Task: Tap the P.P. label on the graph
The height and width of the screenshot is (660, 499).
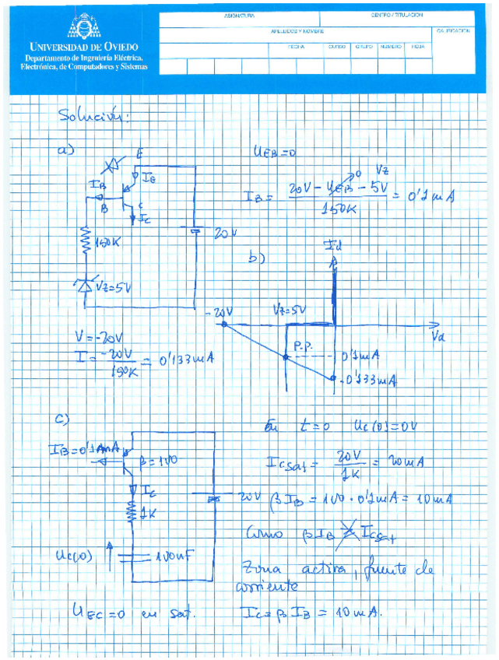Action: click(x=303, y=342)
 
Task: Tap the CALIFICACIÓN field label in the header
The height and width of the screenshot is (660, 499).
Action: click(x=454, y=31)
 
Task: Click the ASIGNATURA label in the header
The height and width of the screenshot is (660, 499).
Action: click(x=239, y=16)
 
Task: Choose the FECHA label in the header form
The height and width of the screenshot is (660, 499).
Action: click(x=296, y=47)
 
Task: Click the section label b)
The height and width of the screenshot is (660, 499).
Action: click(x=256, y=258)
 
